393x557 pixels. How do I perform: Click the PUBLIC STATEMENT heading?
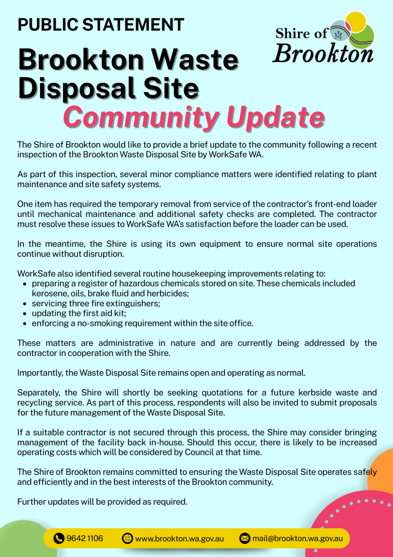pyautogui.click(x=101, y=25)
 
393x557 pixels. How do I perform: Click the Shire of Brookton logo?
pyautogui.click(x=324, y=38)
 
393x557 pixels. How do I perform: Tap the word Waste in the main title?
pyautogui.click(x=196, y=60)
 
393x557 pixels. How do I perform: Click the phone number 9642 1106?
pyautogui.click(x=85, y=538)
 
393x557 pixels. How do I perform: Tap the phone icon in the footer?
pyautogui.click(x=59, y=538)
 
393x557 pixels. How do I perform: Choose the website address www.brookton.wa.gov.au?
pyautogui.click(x=180, y=538)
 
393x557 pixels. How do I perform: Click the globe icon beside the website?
pyautogui.click(x=127, y=538)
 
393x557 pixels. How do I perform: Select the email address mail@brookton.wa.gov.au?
pyautogui.click(x=298, y=538)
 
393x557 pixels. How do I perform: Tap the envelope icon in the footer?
pyautogui.click(x=245, y=538)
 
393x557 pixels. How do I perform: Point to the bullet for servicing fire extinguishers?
pyautogui.click(x=24, y=304)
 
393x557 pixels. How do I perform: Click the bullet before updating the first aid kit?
pyautogui.click(x=24, y=313)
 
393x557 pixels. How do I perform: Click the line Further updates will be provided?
pyautogui.click(x=102, y=501)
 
